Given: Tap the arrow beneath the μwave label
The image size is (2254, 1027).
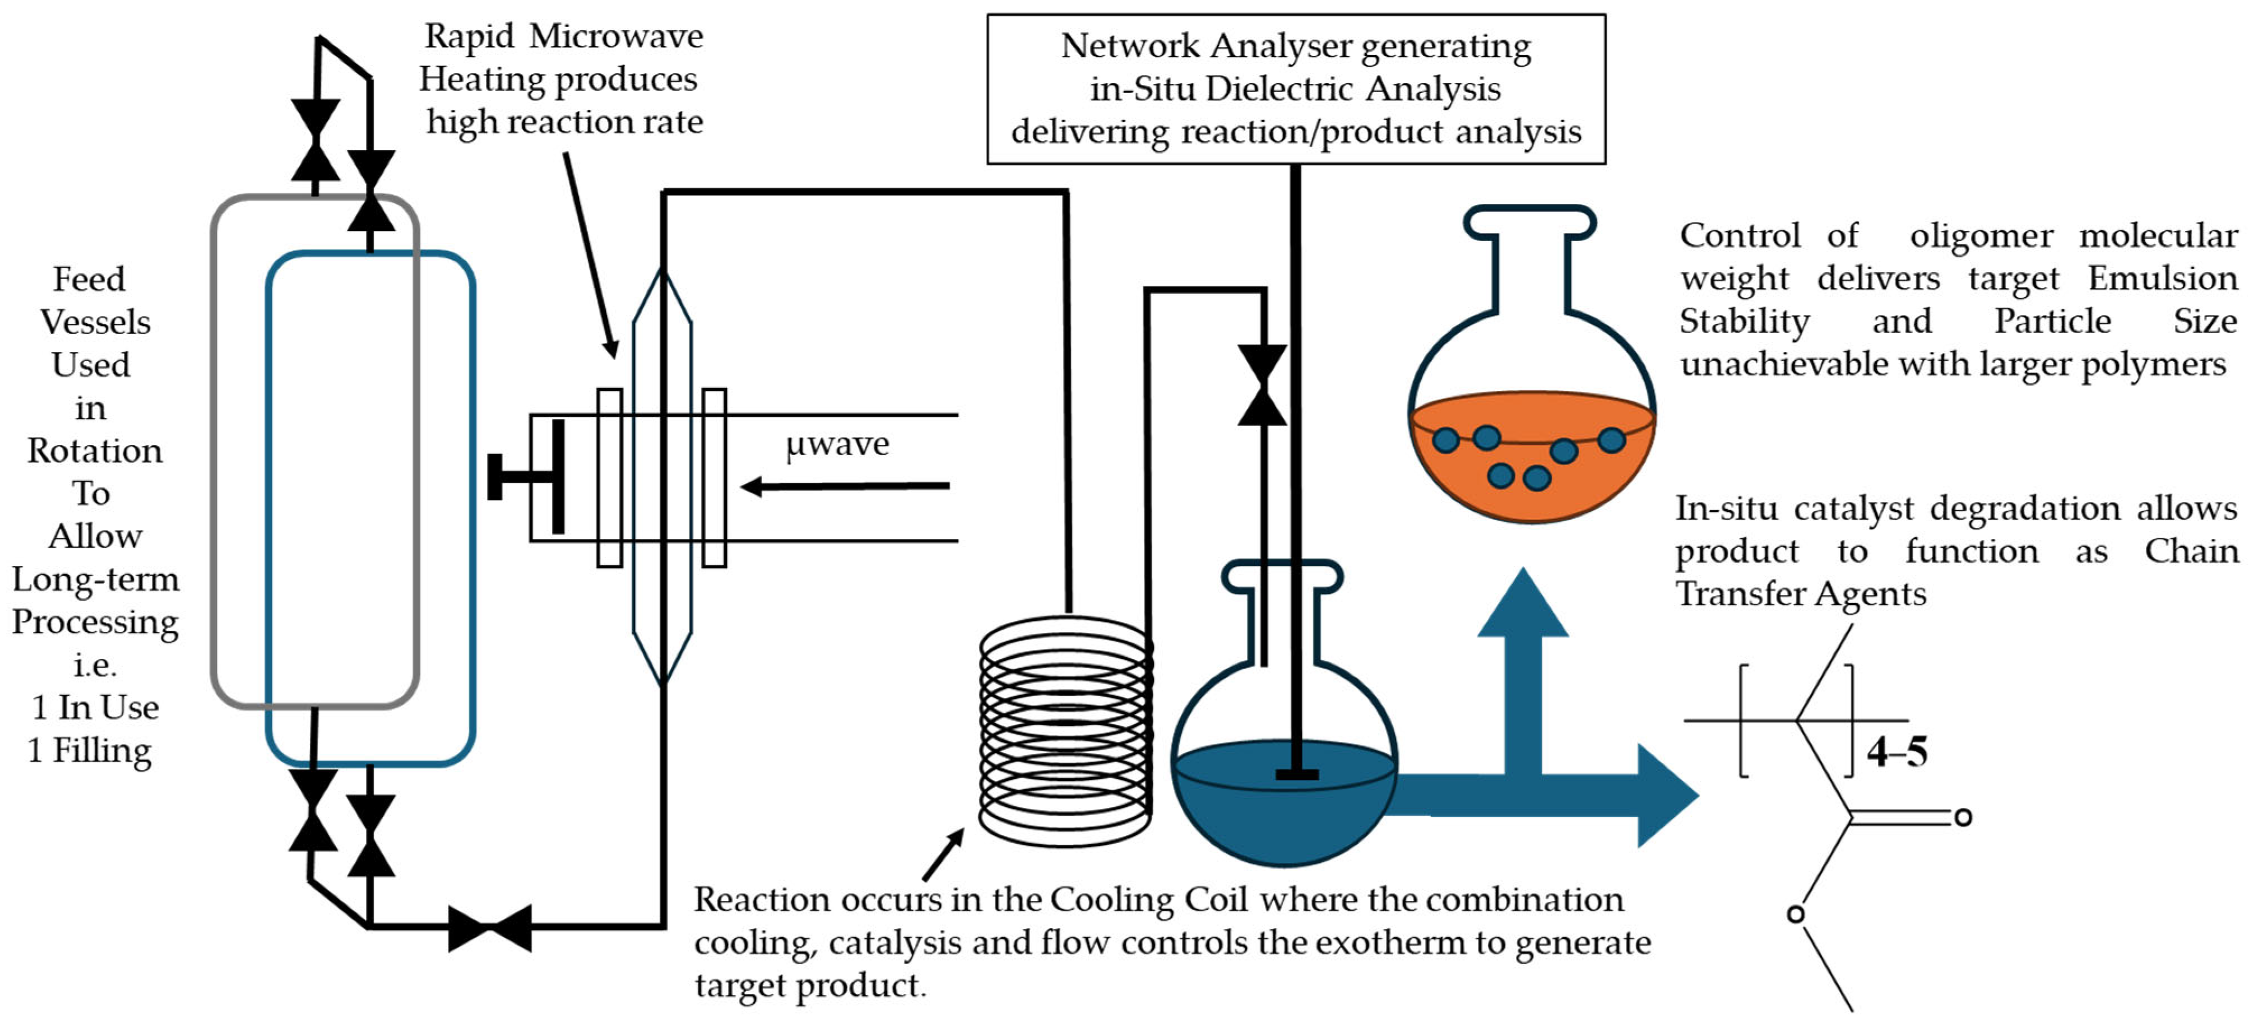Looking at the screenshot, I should [x=845, y=486].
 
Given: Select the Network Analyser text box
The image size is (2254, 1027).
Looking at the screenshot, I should [x=1295, y=89].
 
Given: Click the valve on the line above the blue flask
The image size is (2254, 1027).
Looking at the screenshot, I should [x=1262, y=385].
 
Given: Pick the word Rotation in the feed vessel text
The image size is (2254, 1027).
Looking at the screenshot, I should [x=95, y=450].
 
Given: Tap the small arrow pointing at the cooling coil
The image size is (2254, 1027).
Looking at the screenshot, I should [x=943, y=854].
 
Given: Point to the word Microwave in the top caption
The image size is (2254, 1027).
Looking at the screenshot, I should [x=616, y=37].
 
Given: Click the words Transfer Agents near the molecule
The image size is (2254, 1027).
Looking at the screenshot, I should [x=1801, y=594].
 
